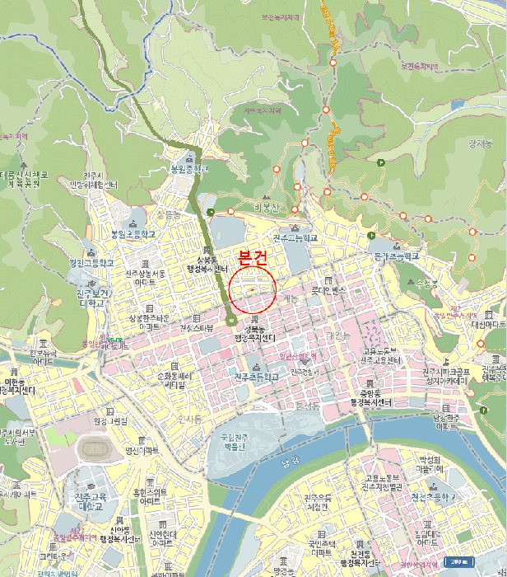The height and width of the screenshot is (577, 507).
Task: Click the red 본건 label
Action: [x=252, y=256]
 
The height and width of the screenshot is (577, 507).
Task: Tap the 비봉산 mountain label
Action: [x=267, y=207]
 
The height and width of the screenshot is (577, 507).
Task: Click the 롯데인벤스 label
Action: [x=331, y=291]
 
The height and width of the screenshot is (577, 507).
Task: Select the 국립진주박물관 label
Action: [x=234, y=443]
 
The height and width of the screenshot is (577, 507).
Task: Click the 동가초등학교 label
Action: [x=396, y=256]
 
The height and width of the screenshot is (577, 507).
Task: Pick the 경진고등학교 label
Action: [x=92, y=263]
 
